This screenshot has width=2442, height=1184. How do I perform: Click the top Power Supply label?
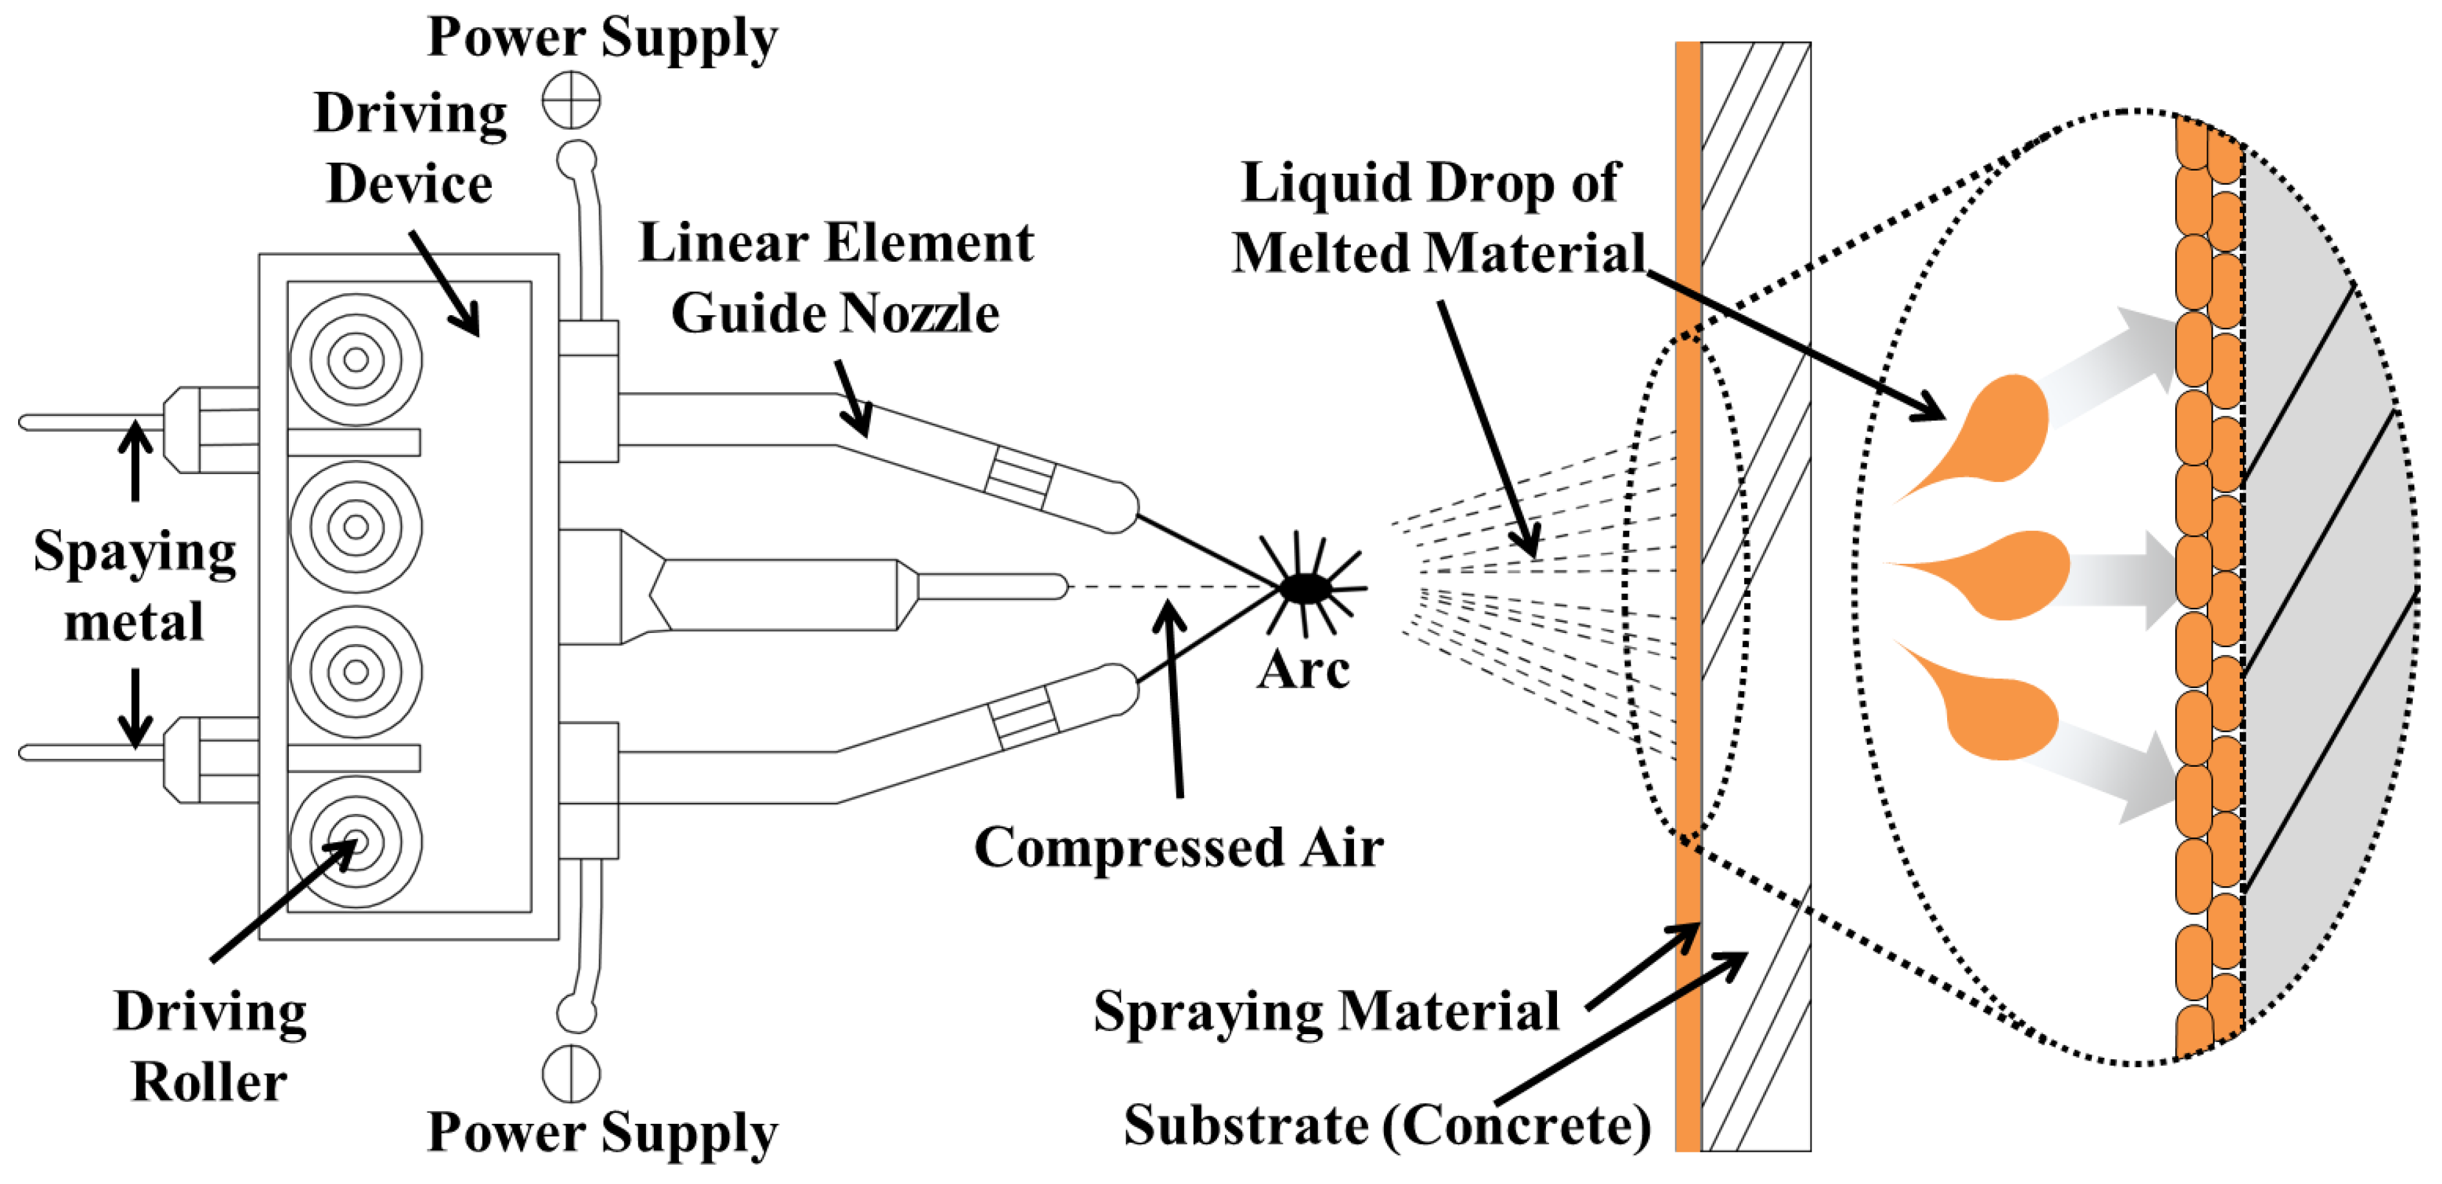tap(602, 38)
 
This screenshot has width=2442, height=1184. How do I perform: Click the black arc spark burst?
tap(1306, 588)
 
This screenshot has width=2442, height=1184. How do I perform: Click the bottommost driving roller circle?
tap(355, 842)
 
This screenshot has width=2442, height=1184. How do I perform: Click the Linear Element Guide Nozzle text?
tap(835, 277)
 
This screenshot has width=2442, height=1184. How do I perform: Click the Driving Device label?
tap(410, 148)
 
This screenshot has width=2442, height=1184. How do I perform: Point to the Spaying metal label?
tap(134, 586)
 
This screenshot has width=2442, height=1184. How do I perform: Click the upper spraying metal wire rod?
tap(90, 423)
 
